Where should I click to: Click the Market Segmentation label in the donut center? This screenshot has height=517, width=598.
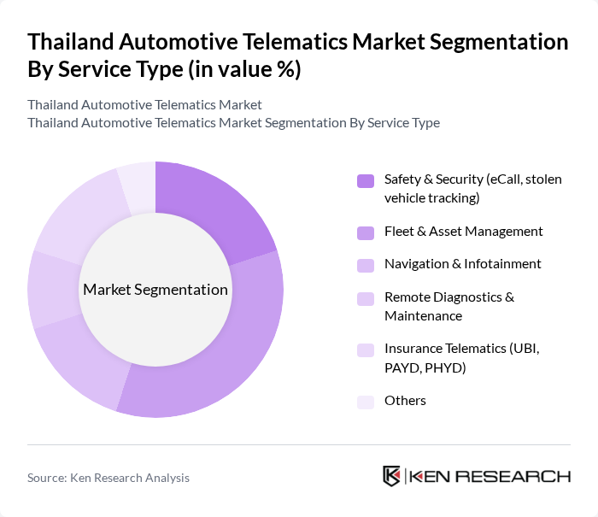click(x=155, y=290)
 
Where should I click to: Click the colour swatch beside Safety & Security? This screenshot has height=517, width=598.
click(x=366, y=180)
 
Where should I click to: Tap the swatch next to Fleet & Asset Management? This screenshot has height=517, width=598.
click(x=366, y=232)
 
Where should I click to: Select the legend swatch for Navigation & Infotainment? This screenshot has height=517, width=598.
click(x=366, y=265)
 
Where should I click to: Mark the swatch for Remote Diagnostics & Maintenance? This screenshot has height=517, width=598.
click(x=366, y=298)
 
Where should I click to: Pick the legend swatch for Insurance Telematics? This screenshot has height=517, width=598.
click(x=366, y=350)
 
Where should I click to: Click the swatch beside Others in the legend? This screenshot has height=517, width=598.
click(x=366, y=401)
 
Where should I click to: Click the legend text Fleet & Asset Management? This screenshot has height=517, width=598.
click(x=463, y=232)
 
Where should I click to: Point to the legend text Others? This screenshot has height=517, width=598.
click(x=405, y=401)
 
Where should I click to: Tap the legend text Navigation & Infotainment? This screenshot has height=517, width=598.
click(x=462, y=264)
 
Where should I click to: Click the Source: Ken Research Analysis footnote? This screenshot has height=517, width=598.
click(x=108, y=478)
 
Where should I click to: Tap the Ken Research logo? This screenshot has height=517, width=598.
click(x=477, y=477)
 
